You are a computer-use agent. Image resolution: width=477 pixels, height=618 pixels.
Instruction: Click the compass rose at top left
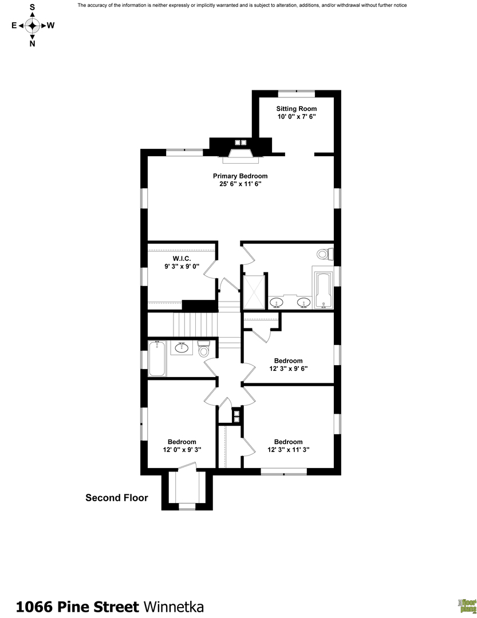coord(32,25)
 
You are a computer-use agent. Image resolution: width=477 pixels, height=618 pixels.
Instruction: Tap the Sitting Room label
coord(296,108)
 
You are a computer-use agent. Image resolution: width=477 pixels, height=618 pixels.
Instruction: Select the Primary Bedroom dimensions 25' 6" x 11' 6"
coord(240,184)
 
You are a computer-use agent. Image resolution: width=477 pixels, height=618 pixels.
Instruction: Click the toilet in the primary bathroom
coord(324,253)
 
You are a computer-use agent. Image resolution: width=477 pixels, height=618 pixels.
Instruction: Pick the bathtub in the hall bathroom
coord(157,358)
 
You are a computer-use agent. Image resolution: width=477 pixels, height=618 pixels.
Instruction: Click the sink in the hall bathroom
coord(183,347)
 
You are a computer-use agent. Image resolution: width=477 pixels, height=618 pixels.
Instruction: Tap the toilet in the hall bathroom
coord(204,350)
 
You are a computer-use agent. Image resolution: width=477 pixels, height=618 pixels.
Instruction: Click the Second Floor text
coord(117,498)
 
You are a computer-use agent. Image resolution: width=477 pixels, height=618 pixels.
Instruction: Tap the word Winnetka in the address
coord(173,607)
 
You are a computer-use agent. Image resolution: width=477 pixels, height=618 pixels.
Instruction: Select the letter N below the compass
coord(32,43)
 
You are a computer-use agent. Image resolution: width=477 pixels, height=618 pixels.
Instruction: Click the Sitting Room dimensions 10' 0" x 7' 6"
coord(296,116)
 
